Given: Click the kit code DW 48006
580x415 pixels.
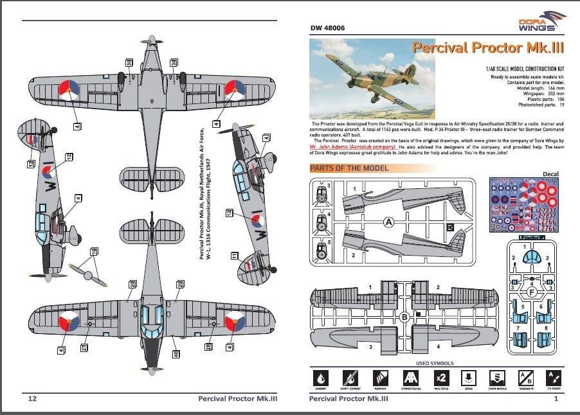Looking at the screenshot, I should tap(327, 28).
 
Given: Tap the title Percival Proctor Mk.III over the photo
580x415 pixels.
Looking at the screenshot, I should tap(489, 48).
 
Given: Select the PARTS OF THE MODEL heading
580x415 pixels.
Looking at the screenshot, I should tap(349, 168).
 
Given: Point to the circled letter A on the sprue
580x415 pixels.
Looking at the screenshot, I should tap(389, 222).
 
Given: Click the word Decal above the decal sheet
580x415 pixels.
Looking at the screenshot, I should tap(550, 173).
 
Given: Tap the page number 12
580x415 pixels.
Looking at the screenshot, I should tap(32, 399).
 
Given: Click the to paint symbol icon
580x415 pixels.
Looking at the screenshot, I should tap(553, 378).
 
